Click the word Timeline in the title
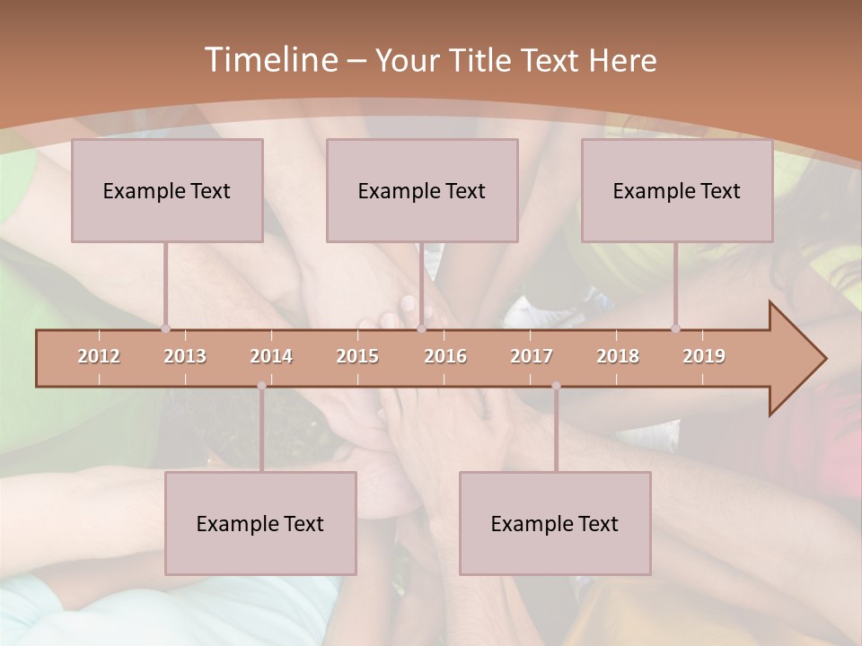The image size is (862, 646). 269,60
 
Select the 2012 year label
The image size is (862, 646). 99,356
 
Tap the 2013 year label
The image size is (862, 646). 185,356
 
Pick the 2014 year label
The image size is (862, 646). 271,356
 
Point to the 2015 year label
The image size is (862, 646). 357,356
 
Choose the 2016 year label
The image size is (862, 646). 445,356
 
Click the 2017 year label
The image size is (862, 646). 532,356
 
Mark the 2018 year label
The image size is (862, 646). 618,356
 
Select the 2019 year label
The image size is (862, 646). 704,356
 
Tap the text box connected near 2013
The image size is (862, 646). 167,190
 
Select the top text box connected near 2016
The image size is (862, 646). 422,190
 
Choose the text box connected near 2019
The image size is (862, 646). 677,190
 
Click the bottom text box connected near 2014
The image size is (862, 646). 260,523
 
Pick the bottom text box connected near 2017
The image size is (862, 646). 555,523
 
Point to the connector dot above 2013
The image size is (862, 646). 165,328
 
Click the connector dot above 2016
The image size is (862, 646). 421,328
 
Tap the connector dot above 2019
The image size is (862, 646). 675,328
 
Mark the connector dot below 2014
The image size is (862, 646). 261,386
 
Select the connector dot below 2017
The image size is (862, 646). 556,386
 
